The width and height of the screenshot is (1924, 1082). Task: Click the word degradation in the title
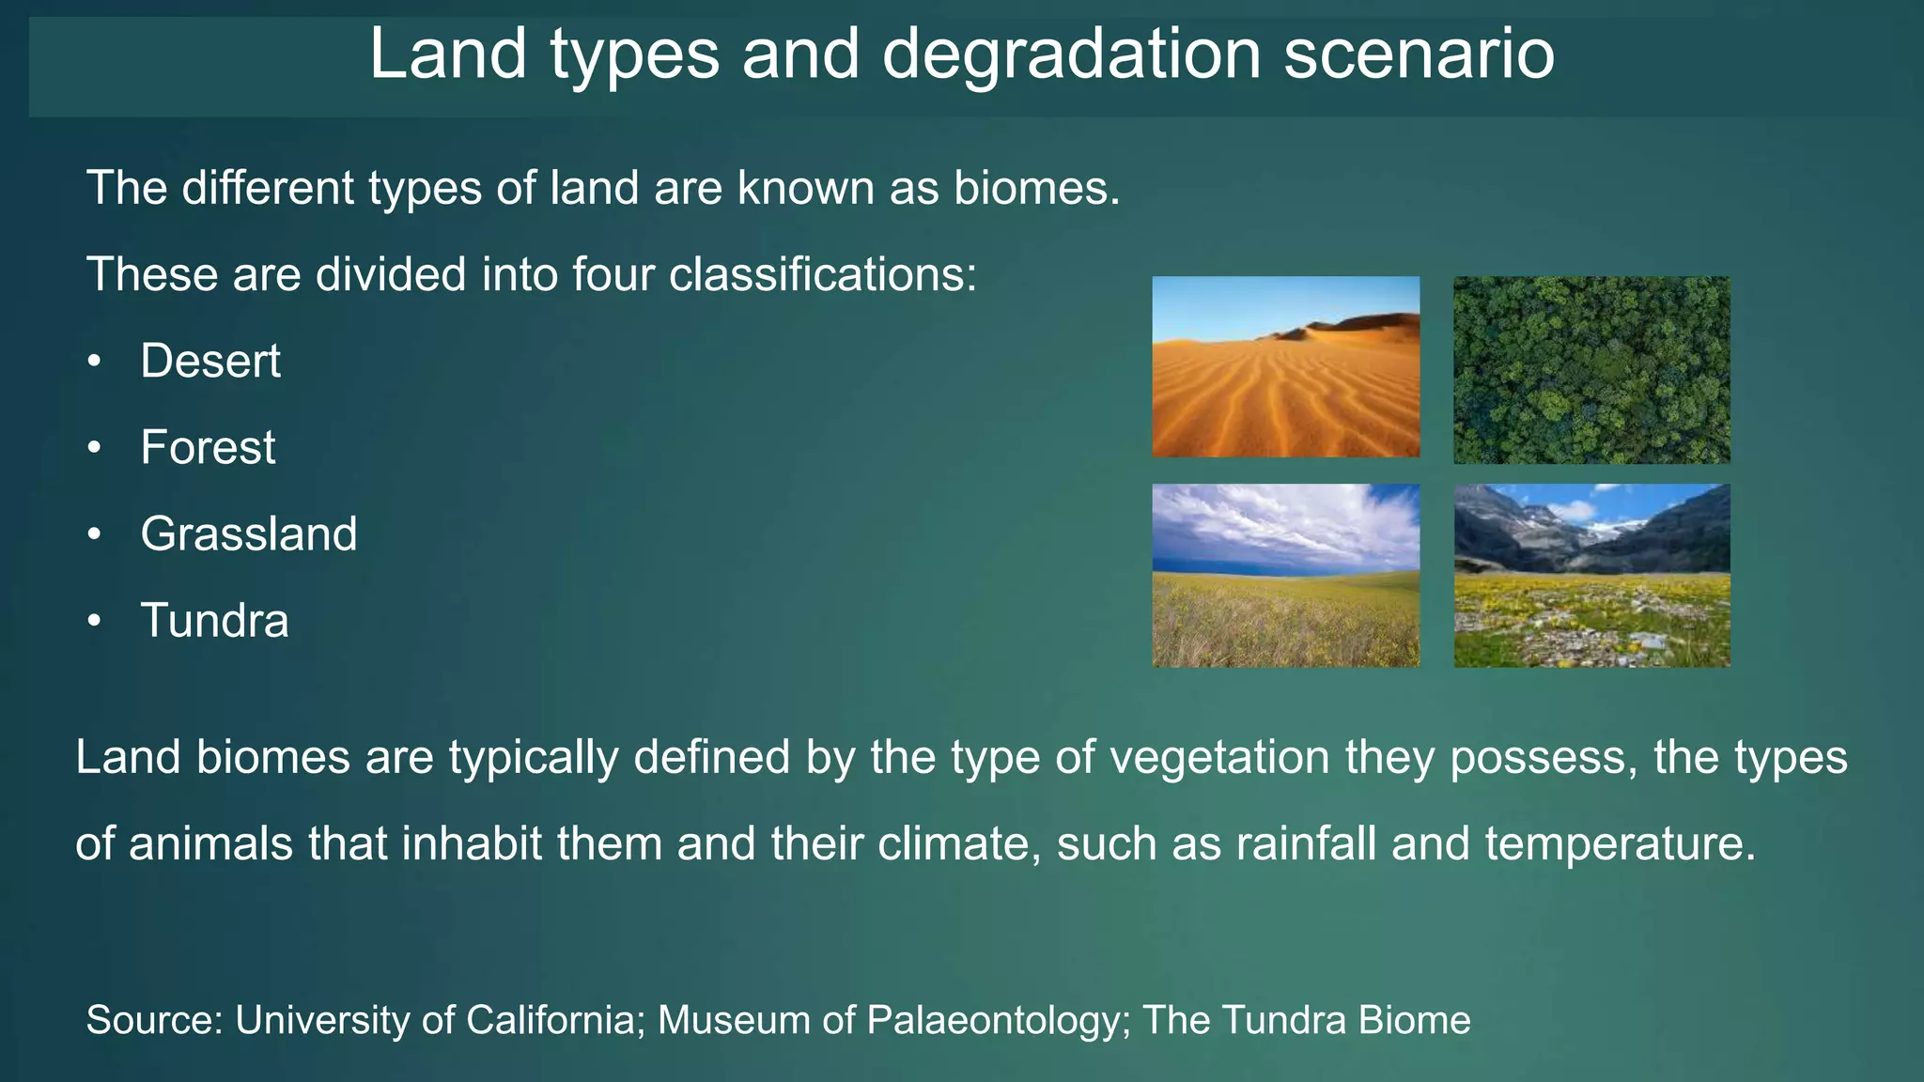1071,54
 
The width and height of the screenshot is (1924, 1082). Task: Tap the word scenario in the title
1419,54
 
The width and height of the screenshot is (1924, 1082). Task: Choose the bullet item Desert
210,362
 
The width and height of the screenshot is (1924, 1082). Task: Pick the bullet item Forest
208,448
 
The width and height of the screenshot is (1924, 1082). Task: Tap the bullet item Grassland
249,534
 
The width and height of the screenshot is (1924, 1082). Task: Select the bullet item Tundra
214,621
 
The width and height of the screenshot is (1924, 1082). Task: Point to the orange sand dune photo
1285,367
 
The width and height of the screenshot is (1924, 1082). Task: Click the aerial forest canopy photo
1591,369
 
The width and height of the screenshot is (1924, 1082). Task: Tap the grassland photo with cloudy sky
1285,575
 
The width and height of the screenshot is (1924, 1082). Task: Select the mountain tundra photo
1591,575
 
